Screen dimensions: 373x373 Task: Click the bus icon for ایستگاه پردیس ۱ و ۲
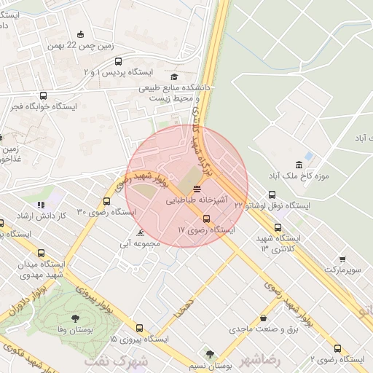(119, 62)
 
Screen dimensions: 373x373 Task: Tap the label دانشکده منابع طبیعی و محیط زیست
(176, 91)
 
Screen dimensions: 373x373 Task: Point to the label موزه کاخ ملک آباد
(321, 176)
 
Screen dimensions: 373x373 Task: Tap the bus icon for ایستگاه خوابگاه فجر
(43, 95)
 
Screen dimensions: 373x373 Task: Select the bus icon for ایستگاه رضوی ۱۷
(206, 219)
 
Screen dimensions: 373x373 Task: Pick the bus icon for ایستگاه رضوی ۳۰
(107, 201)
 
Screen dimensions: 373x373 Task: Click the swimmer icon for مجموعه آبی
(140, 233)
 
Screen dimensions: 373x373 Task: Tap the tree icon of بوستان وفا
(75, 318)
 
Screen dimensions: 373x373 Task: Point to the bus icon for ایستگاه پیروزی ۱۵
(139, 329)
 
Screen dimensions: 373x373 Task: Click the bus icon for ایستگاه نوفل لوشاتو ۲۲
(272, 195)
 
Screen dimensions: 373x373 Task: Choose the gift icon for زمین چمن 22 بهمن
(80, 34)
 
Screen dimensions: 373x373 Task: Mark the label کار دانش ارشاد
(63, 216)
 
